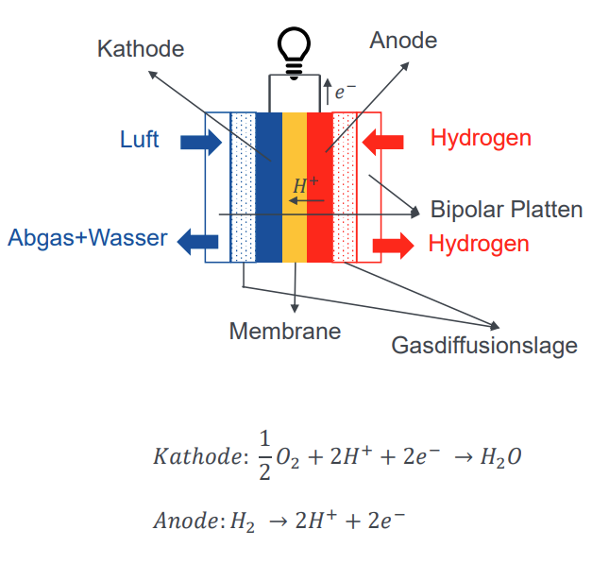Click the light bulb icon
[x=293, y=49]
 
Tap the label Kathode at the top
[x=141, y=48]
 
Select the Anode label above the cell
[x=403, y=40]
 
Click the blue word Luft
[x=139, y=140]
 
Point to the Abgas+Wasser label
[x=87, y=237]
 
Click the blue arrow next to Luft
[x=199, y=142]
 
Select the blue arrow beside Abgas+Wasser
[x=199, y=240]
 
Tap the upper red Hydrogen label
[x=481, y=138]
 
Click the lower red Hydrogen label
[x=479, y=244]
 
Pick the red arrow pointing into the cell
[x=384, y=142]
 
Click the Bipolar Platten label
[x=506, y=209]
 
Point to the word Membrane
[x=285, y=332]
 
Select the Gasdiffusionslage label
[x=484, y=346]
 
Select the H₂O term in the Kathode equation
[x=500, y=457]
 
